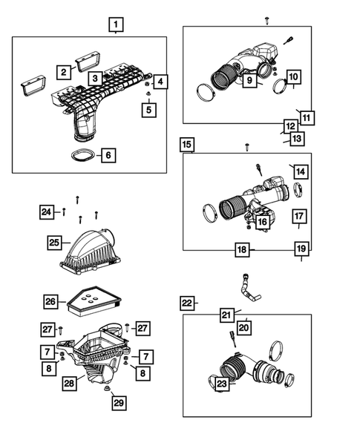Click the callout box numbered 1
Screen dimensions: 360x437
116,24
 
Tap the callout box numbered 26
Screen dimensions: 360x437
50,301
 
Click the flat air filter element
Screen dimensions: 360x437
94,301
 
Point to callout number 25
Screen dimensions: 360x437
54,243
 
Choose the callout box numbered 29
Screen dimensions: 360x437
119,403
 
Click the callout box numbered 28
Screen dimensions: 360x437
69,384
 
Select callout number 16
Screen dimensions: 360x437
263,222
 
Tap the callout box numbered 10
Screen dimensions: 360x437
293,76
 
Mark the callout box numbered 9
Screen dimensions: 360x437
249,80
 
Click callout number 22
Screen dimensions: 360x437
187,303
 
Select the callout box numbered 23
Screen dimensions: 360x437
222,384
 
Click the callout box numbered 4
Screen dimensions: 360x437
160,82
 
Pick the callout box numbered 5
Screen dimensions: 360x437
149,110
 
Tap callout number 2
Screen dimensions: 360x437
64,72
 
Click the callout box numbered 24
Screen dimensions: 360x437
47,211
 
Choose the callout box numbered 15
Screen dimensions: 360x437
187,145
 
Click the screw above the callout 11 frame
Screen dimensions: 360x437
267,20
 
